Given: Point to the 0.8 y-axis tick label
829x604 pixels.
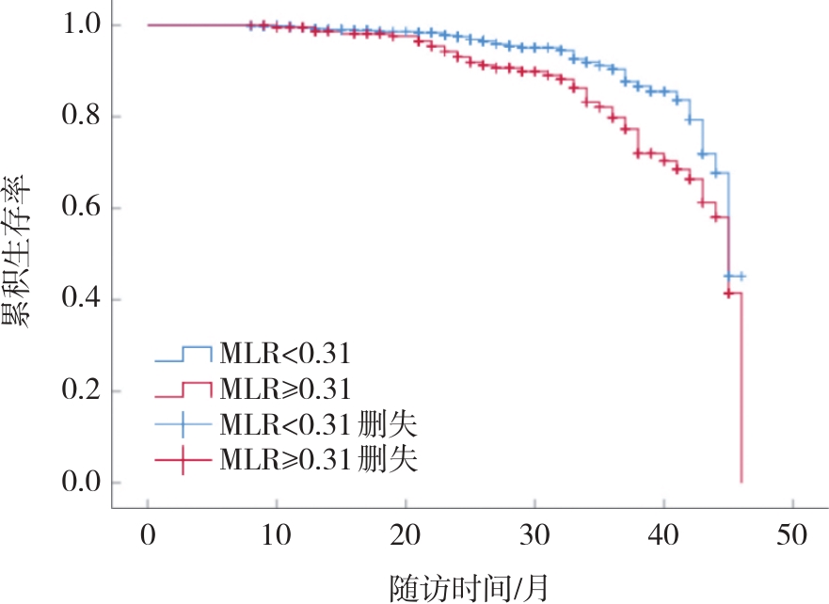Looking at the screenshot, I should pos(87,117).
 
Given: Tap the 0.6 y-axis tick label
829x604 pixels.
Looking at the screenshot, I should pos(87,208).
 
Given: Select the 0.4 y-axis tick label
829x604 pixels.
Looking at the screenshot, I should pos(87,300).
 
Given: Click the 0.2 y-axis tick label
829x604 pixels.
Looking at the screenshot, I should pos(87,391).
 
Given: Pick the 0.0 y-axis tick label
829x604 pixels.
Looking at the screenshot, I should pos(87,483).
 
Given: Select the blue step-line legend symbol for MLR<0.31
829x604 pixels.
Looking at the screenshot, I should pos(183,355).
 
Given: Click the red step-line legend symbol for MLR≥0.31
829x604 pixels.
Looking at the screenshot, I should pos(183,389).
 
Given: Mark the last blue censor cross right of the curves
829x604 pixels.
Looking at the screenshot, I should pos(741,277).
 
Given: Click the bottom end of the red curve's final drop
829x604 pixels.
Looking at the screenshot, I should pos(741,482).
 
